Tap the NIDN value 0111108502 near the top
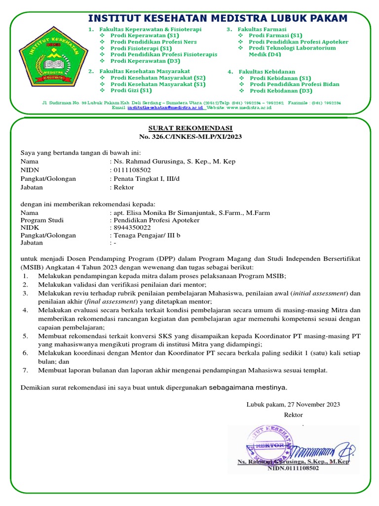132,169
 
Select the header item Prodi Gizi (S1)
131,90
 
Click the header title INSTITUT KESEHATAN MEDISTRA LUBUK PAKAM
217,19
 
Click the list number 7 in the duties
25,370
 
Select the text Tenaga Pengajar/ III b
147,235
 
